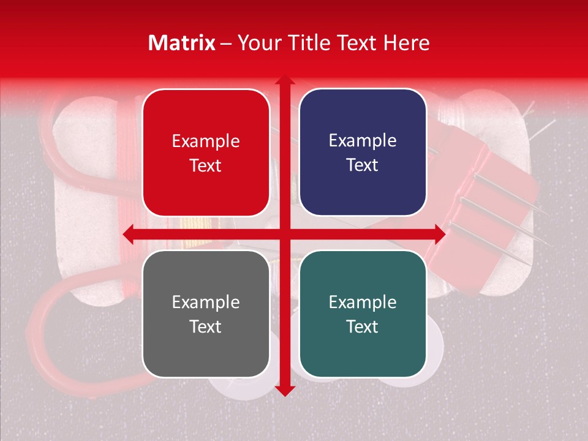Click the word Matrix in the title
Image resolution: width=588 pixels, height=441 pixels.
click(x=181, y=43)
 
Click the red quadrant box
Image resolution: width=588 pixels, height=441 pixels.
click(x=206, y=153)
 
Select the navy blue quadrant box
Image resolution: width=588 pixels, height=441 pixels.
click(x=363, y=153)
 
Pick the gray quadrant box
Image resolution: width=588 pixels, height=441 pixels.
click(x=206, y=314)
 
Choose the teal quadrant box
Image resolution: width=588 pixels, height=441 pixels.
click(x=363, y=314)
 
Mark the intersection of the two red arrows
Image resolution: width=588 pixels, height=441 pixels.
click(x=285, y=234)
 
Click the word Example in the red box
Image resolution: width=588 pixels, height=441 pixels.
click(x=206, y=141)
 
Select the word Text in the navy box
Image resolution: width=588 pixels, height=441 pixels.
click(x=363, y=165)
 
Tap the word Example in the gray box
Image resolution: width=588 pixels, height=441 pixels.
click(x=206, y=302)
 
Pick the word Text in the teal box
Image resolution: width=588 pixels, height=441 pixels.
click(x=363, y=326)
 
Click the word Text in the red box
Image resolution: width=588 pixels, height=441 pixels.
click(x=206, y=165)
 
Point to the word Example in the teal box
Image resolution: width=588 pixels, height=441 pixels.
click(x=363, y=302)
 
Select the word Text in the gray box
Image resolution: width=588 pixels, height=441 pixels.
click(x=206, y=326)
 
